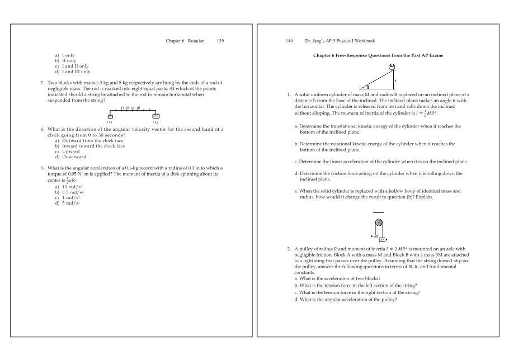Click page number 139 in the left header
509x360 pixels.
click(x=220, y=41)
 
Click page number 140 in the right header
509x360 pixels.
click(x=289, y=41)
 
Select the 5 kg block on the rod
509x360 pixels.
click(x=110, y=116)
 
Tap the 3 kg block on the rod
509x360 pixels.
click(x=156, y=116)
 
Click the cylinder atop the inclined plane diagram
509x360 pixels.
click(x=392, y=68)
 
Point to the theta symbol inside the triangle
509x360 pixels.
click(x=367, y=87)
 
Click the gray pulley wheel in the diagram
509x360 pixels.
click(x=379, y=222)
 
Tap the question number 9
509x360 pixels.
click(x=42, y=168)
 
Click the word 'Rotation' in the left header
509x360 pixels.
click(x=196, y=41)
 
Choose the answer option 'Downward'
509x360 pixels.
click(x=74, y=157)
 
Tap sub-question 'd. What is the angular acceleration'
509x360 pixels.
click(x=345, y=300)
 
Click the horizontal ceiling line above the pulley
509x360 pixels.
click(x=379, y=213)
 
